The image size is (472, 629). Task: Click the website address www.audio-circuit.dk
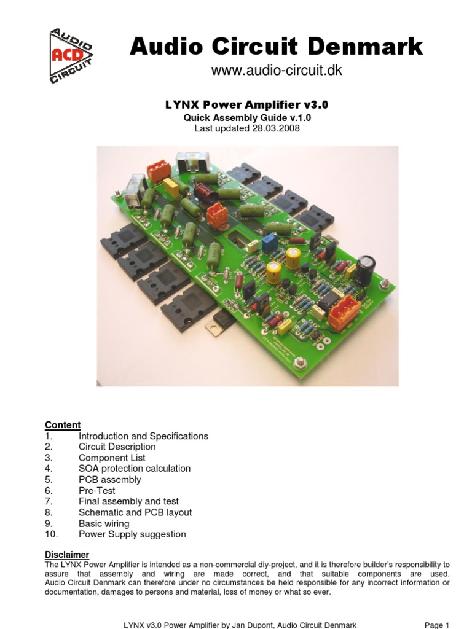[276, 71]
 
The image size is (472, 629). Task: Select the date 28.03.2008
[275, 128]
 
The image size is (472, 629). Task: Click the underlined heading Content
[63, 425]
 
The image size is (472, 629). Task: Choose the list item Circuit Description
[117, 447]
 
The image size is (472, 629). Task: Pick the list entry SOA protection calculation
[135, 469]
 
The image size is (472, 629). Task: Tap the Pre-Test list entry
[96, 491]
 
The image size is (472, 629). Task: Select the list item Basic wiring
[104, 523]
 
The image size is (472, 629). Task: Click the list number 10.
[51, 534]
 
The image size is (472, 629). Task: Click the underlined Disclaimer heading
[67, 555]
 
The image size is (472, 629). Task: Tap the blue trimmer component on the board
[269, 243]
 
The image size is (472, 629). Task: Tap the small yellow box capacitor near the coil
[172, 188]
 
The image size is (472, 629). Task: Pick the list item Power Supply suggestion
[132, 534]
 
